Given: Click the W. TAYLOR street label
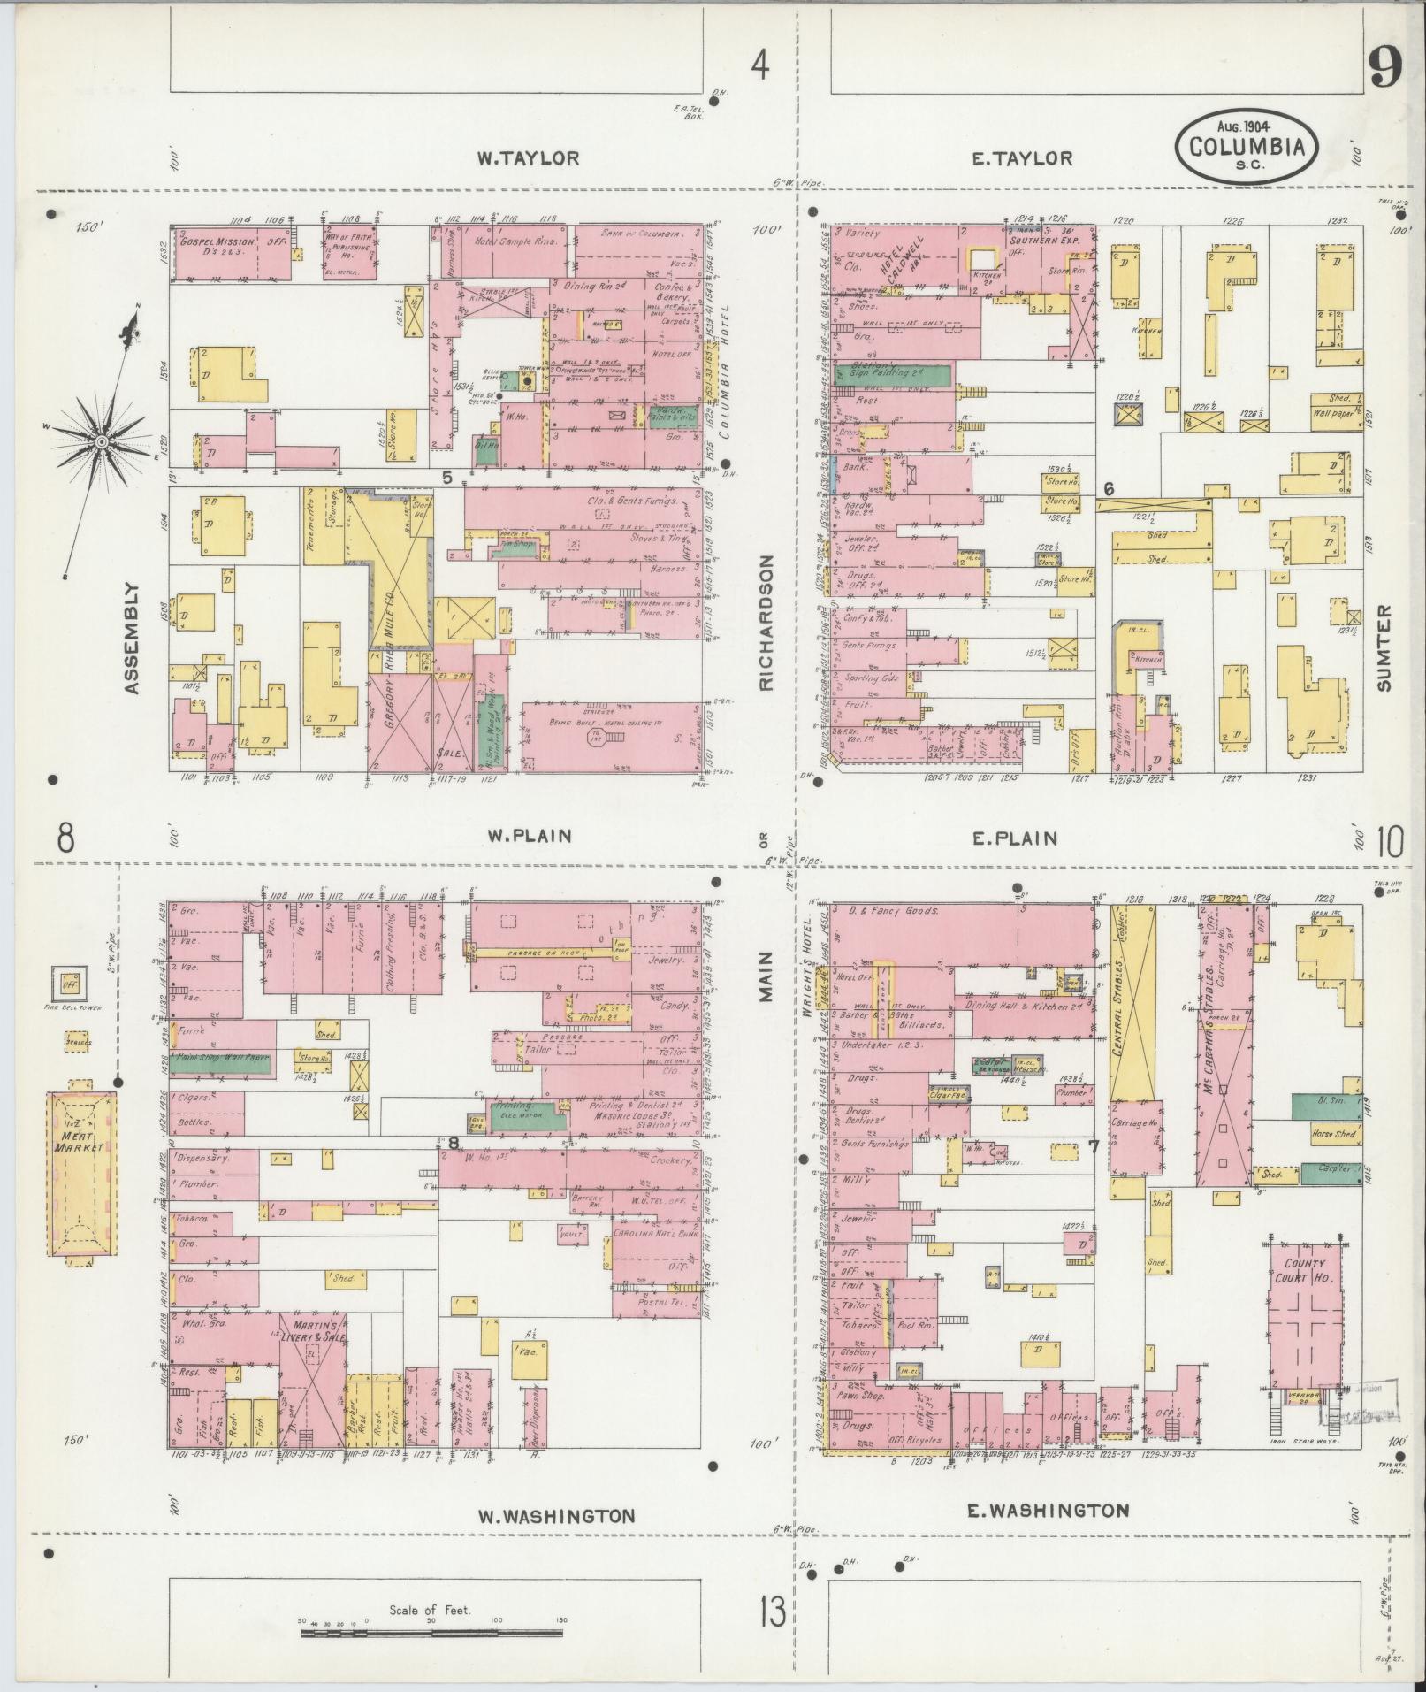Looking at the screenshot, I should (528, 158).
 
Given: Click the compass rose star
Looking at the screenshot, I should (102, 440).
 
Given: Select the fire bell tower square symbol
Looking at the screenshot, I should (66, 980).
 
